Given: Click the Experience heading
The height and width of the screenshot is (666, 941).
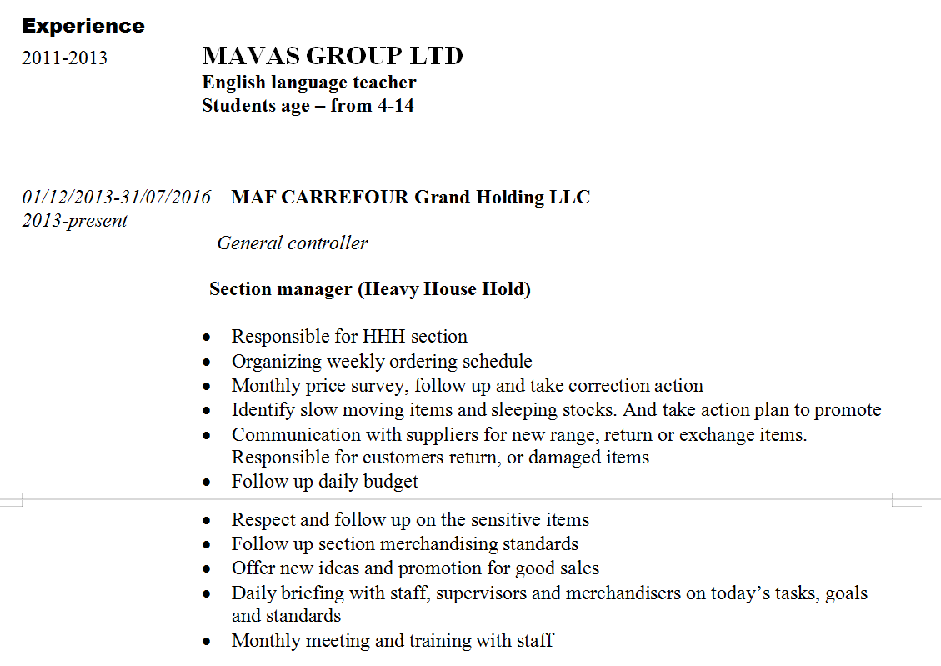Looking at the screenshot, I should tap(83, 26).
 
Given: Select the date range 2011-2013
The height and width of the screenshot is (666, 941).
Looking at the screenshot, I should tap(64, 58).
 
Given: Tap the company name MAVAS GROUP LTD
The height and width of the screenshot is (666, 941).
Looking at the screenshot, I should tap(332, 56).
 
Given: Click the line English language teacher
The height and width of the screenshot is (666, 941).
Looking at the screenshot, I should tap(308, 82).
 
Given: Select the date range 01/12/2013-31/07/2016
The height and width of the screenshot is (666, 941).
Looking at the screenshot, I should tap(117, 197).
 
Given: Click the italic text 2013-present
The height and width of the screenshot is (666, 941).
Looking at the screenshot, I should tap(74, 220).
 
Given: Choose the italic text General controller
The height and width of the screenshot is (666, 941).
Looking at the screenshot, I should tap(292, 243).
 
